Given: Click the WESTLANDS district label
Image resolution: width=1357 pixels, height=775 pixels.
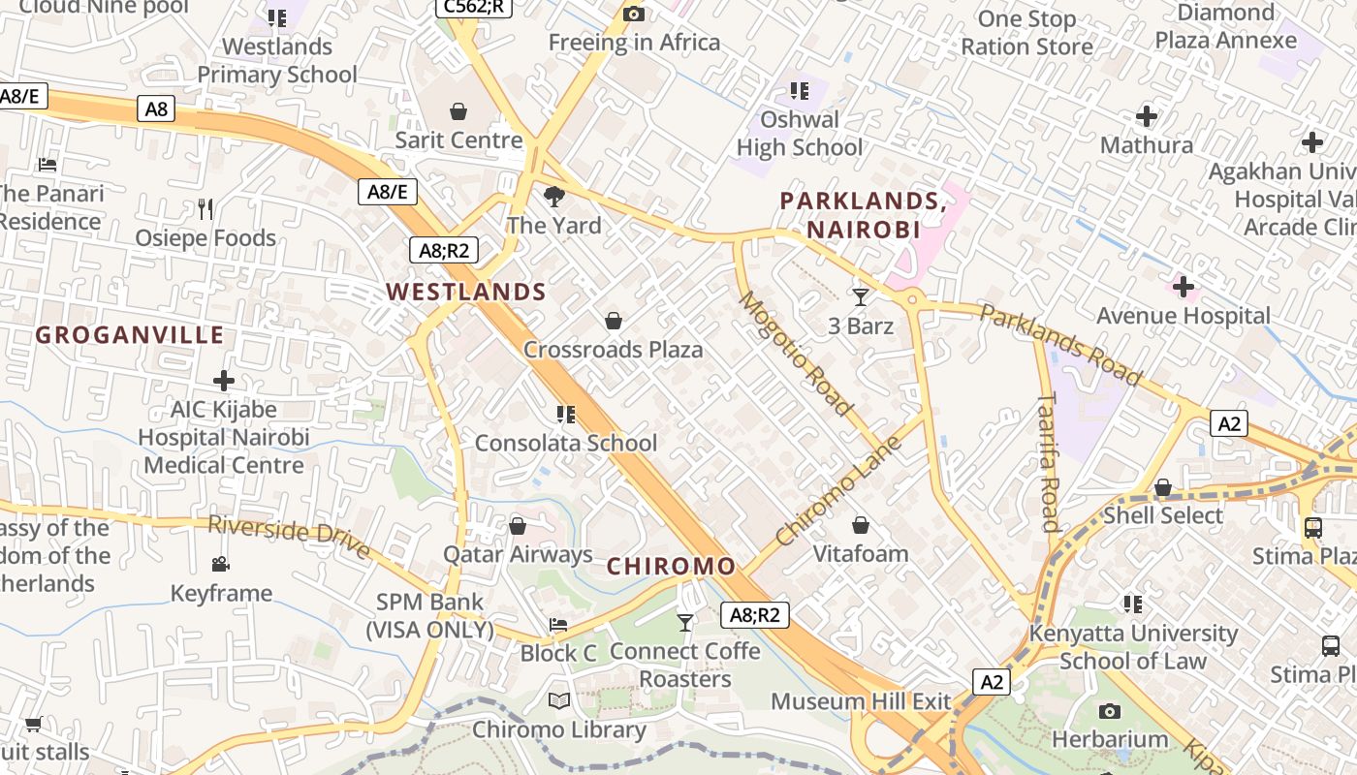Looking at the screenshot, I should [466, 292].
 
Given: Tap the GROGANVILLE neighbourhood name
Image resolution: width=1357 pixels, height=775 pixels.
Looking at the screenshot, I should [130, 335].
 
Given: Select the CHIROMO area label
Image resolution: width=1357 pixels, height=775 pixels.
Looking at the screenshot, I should [671, 566].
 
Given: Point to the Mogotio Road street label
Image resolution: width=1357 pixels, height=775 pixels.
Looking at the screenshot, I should [795, 354].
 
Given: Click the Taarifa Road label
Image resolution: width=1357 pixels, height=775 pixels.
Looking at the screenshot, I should [1048, 462].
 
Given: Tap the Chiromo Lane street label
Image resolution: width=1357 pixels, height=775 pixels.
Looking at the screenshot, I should [839, 490].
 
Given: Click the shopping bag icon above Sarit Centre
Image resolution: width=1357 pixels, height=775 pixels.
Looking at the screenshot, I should [458, 111].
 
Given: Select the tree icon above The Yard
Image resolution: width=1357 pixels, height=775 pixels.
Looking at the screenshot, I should [554, 197].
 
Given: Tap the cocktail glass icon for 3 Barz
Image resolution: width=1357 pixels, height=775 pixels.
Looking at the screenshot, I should [860, 296].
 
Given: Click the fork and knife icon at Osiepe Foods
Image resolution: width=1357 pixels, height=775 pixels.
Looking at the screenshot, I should [205, 208].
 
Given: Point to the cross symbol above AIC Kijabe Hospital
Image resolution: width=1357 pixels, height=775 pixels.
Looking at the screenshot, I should [224, 380].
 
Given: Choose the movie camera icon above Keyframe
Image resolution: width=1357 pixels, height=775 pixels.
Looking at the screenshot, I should [221, 564].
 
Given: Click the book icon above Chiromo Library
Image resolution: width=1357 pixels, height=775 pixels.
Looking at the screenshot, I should [559, 700].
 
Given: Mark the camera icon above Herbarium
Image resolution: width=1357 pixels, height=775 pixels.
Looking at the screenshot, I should [1110, 711].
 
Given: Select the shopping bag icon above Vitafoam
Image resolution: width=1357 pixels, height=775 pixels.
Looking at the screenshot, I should [860, 525].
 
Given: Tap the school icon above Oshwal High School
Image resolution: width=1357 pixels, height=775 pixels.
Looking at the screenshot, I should [800, 91].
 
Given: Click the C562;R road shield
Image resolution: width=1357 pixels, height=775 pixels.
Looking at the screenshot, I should [473, 7].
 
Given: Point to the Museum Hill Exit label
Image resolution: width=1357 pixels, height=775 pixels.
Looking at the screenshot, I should [861, 700].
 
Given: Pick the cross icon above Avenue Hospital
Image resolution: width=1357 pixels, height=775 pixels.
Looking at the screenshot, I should [1183, 287].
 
